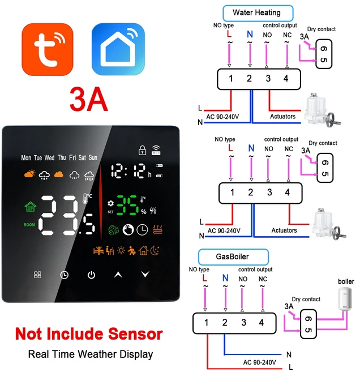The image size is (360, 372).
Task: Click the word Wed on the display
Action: click(50, 158)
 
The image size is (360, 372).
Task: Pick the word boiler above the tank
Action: click(346, 281)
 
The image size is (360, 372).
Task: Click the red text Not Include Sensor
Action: click(89, 334)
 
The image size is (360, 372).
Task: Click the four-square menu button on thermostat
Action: click(37, 275)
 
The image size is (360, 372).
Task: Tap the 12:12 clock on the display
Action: click(131, 170)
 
